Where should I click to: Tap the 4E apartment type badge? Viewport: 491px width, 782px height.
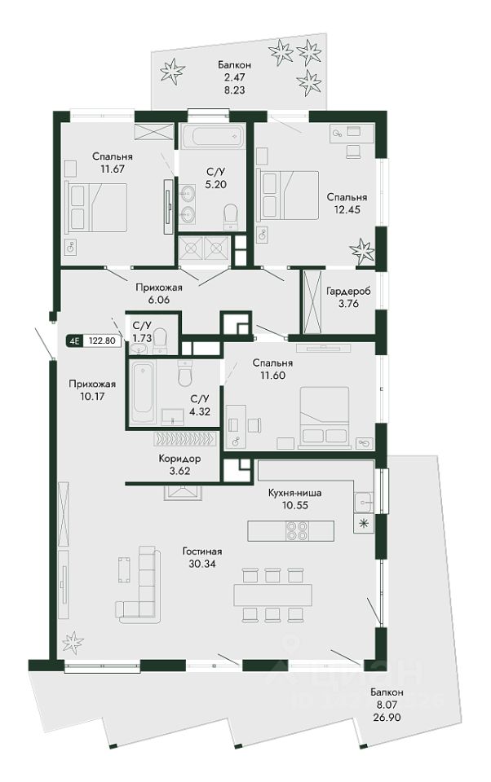[75, 341]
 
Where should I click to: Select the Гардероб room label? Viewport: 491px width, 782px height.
[348, 292]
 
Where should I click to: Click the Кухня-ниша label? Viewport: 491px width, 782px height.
[294, 493]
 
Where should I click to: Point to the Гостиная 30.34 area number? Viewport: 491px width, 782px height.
[201, 564]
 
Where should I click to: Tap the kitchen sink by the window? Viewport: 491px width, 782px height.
[363, 502]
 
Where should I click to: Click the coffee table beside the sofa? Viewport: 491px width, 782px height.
[125, 569]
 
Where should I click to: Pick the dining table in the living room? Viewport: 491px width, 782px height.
[272, 595]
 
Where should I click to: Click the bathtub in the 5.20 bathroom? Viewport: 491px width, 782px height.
[213, 136]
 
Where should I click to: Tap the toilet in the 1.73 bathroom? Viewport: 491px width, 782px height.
[160, 340]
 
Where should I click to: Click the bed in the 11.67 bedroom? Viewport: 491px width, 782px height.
[96, 207]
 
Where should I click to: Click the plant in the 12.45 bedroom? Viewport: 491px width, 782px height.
[361, 251]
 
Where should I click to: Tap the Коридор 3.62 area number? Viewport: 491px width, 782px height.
[179, 471]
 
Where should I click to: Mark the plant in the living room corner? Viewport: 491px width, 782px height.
[73, 642]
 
